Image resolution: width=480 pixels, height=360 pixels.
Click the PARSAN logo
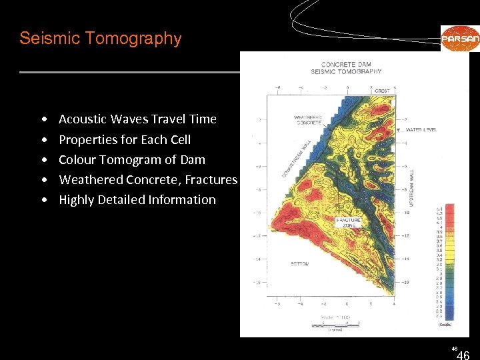point(459,38)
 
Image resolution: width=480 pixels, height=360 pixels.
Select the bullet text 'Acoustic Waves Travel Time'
point(137,119)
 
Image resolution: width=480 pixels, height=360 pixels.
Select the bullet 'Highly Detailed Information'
point(137,200)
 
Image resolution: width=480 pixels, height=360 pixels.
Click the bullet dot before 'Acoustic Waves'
point(43,120)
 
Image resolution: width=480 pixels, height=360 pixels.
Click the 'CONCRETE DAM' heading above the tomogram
point(346,64)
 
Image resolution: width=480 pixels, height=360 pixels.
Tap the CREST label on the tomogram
point(382,91)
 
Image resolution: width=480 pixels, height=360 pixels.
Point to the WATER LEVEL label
point(421,129)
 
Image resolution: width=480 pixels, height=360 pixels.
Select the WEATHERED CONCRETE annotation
point(308,120)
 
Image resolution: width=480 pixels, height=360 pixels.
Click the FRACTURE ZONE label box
point(348,223)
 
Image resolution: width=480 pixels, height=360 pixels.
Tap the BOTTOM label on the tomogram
point(299,264)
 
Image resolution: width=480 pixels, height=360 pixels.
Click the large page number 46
point(462,355)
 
